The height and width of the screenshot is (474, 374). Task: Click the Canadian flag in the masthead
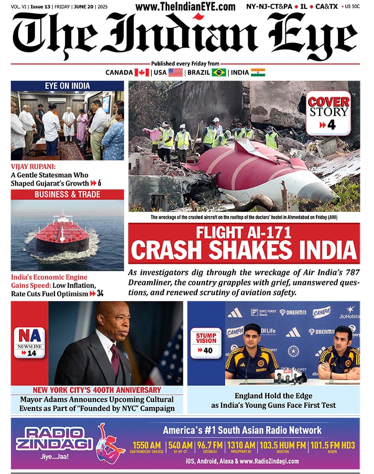142,72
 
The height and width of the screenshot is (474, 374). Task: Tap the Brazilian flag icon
219,72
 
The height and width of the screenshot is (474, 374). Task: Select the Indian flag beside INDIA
258,72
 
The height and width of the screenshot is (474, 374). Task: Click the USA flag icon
175,72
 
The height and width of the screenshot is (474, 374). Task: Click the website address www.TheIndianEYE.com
185,6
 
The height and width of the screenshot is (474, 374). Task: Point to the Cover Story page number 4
331,125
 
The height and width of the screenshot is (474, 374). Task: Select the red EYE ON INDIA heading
67,86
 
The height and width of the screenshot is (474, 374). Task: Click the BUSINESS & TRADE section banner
67,195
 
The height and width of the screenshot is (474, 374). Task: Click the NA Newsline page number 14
32,353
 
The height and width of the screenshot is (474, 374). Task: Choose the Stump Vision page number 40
208,350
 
